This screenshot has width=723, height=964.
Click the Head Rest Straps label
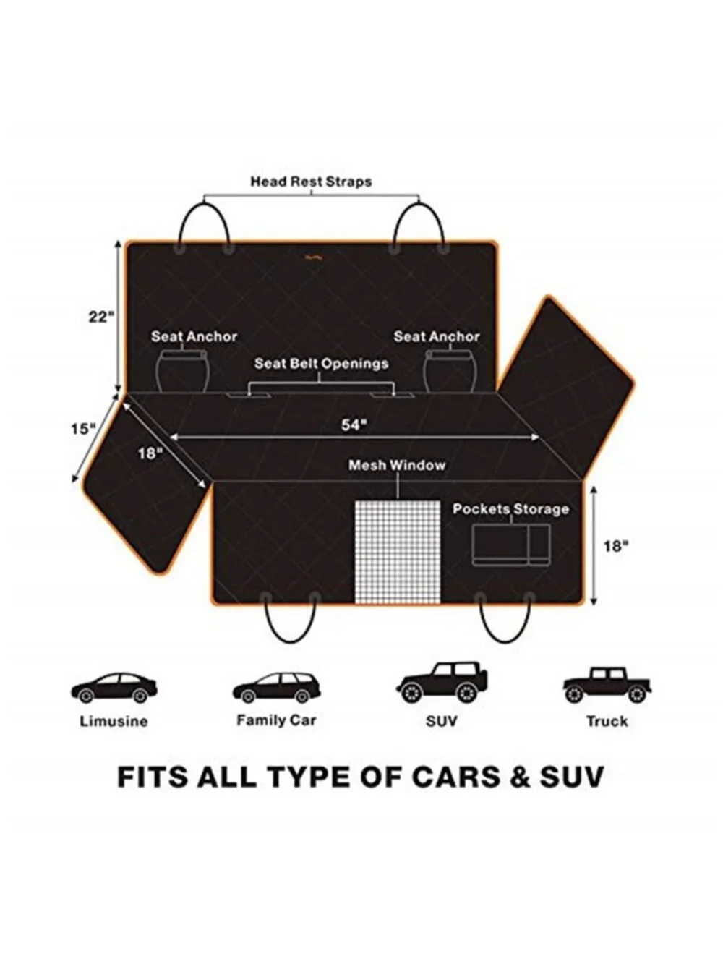[311, 182]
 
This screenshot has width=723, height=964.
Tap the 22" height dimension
[101, 317]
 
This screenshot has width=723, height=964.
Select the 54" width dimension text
[354, 425]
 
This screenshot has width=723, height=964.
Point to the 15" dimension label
[83, 429]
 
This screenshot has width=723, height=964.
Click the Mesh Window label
[397, 465]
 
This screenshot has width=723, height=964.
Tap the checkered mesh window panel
[397, 552]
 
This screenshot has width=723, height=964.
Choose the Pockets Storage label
[511, 509]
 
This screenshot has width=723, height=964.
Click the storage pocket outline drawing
[511, 545]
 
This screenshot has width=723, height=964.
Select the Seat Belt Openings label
[321, 364]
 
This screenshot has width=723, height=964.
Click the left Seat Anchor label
[194, 336]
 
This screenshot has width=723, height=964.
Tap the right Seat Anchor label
[437, 336]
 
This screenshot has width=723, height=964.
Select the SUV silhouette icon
[442, 683]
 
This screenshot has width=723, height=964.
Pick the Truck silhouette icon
[607, 685]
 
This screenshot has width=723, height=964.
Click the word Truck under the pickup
[607, 721]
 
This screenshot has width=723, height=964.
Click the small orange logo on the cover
[315, 257]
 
